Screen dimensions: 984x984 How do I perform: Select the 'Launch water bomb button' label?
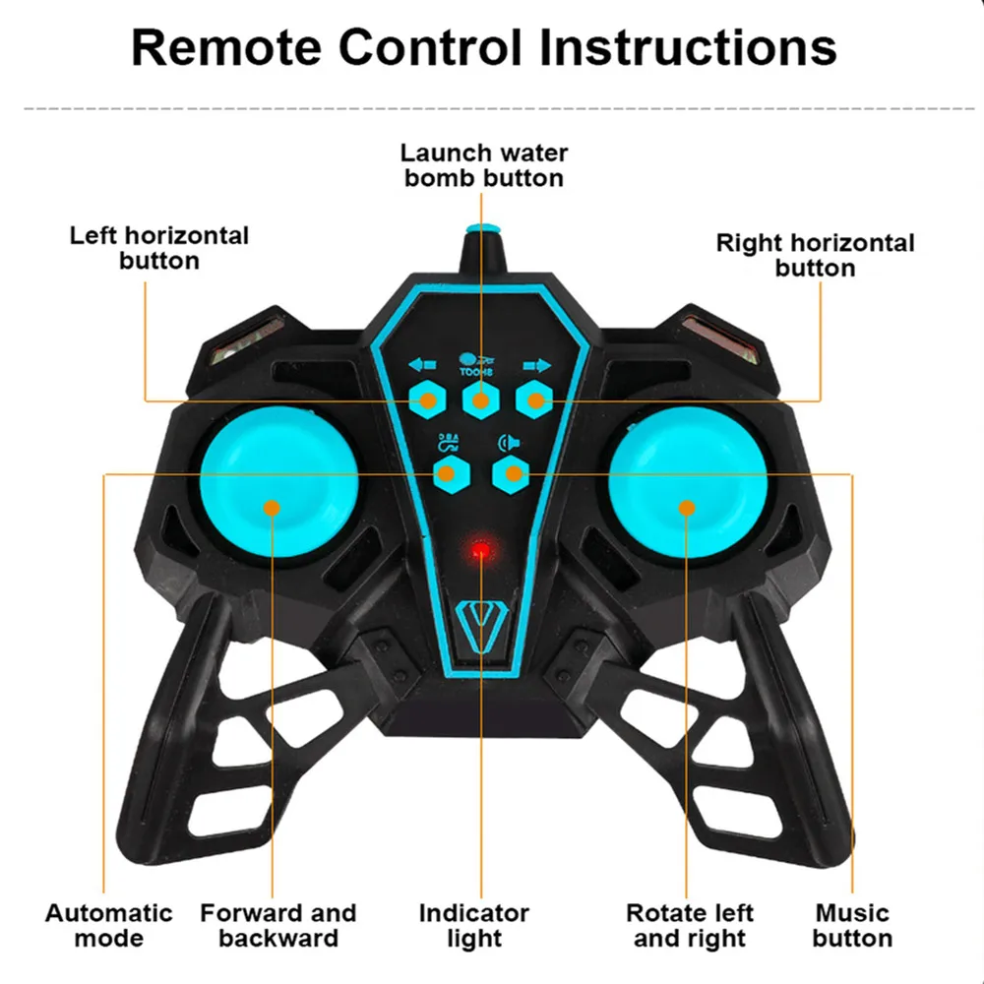[484, 165]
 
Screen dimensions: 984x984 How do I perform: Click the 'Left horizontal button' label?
[159, 248]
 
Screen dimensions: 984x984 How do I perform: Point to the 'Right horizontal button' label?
[815, 255]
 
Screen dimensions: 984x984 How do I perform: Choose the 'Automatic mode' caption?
[108, 925]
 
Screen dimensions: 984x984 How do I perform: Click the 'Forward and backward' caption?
[278, 925]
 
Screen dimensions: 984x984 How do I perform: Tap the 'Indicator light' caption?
[474, 925]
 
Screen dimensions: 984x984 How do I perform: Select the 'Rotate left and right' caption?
[690, 925]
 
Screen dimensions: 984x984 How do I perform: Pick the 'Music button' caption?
[852, 925]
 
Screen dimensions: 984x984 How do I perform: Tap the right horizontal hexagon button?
[535, 400]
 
